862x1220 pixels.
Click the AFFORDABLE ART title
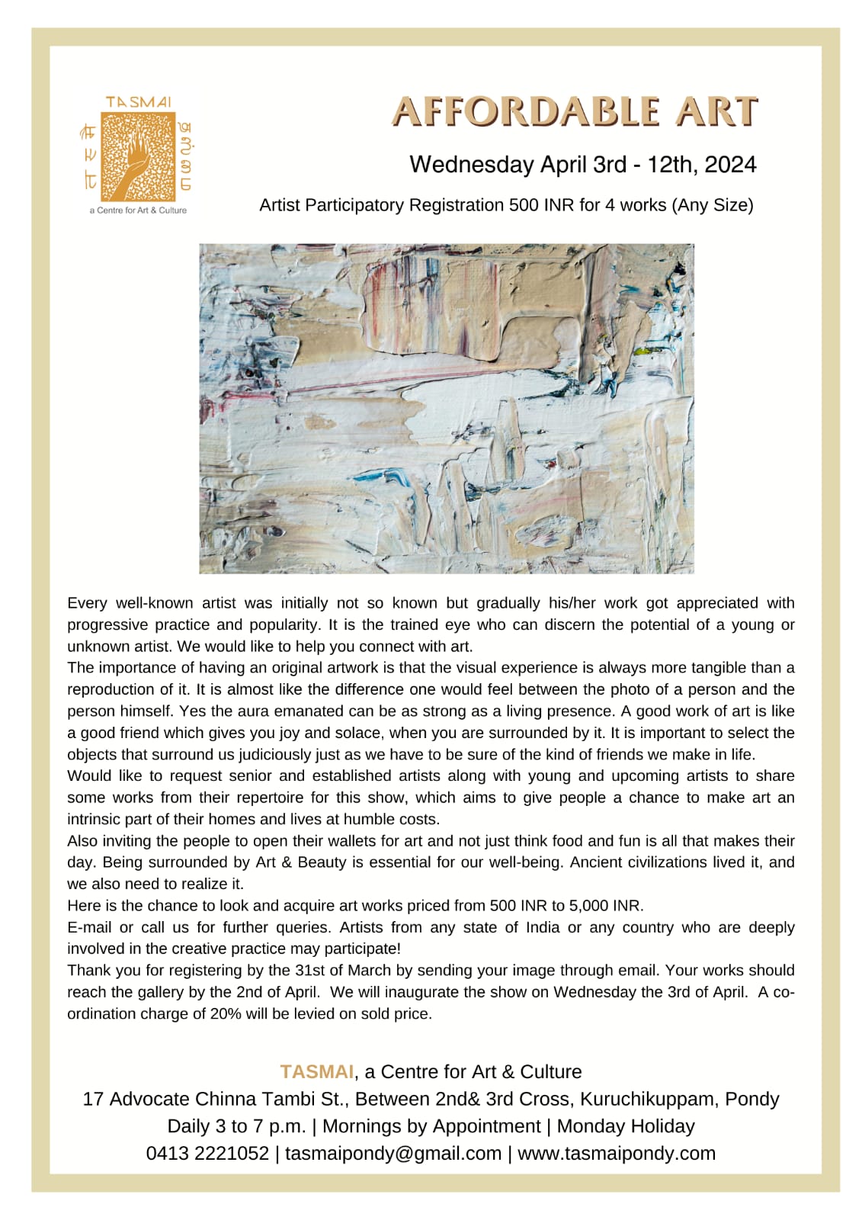575,112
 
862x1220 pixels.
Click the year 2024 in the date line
730,165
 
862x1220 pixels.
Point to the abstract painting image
446,408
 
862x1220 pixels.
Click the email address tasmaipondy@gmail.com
393,1153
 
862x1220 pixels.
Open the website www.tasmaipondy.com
617,1153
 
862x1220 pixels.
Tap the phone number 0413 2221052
207,1153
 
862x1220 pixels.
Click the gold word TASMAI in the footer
316,1071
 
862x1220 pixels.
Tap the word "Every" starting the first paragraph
87,603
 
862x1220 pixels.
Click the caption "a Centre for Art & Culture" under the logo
138,210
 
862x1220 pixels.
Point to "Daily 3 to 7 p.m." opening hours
236,1126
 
